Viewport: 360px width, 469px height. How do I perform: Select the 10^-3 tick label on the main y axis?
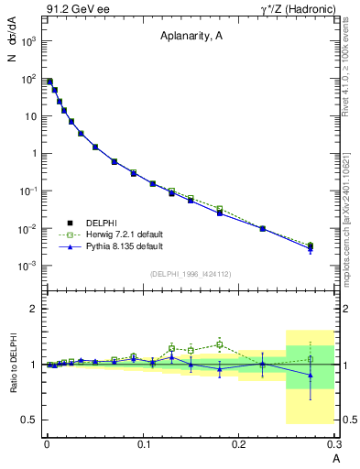tap(29, 266)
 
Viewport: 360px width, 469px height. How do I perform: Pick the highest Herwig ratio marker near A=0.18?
tap(220, 344)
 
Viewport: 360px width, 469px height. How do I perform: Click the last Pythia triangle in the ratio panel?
tap(311, 375)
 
